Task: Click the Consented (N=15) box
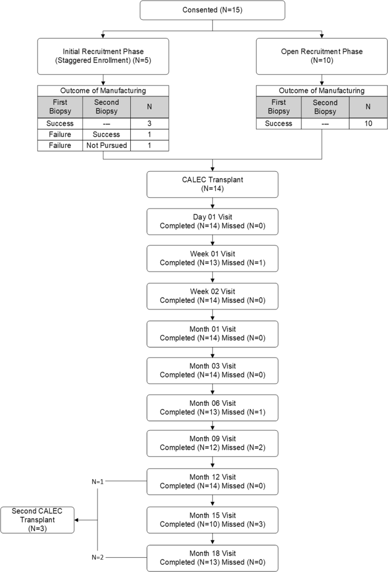click(212, 11)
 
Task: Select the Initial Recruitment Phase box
click(104, 56)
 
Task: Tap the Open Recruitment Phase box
click(322, 56)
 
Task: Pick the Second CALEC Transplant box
click(37, 520)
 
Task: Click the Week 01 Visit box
click(212, 259)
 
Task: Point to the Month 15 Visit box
click(212, 520)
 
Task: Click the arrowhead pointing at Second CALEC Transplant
click(78, 520)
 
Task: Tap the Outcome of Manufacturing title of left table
click(103, 90)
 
